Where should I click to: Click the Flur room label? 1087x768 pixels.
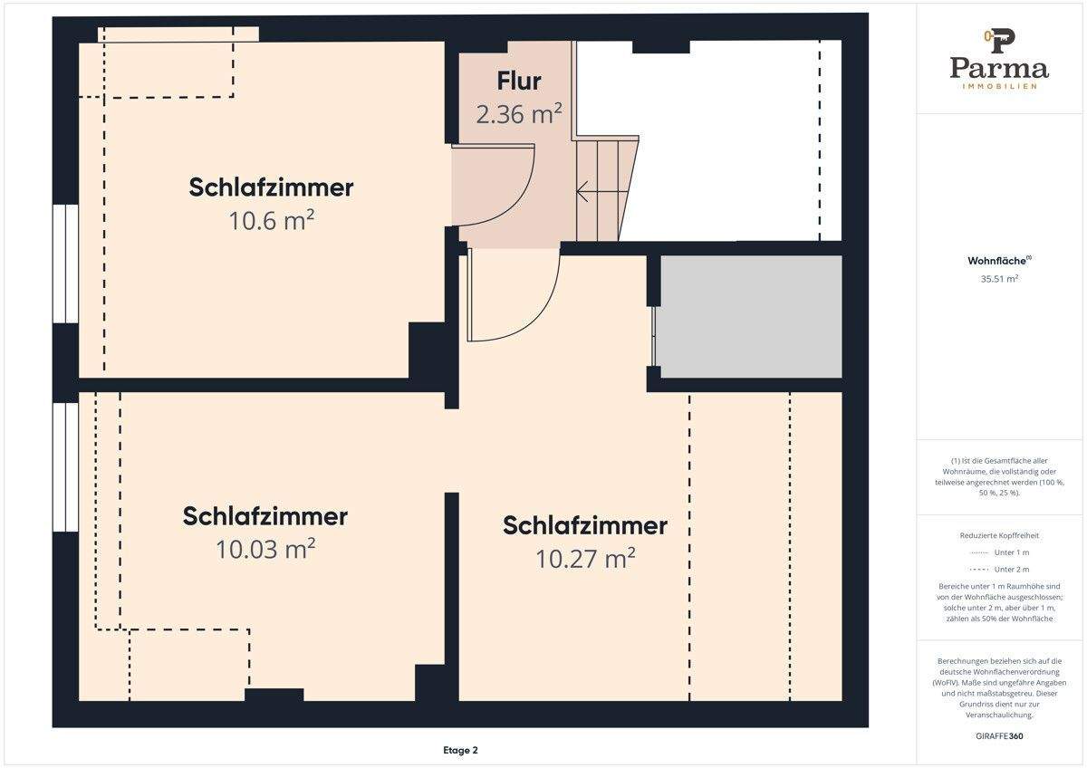519,81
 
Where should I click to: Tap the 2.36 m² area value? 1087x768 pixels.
519,114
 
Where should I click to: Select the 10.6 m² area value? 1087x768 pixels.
271,220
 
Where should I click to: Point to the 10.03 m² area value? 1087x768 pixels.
265,549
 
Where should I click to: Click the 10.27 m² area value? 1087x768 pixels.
584,558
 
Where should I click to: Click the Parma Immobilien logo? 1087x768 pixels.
999,60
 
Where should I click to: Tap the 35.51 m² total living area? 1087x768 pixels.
999,279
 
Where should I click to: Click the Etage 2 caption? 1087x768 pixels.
460,750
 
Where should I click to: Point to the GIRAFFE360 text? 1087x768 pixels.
999,735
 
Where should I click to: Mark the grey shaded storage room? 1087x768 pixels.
750,316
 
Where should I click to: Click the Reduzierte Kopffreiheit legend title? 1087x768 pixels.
999,535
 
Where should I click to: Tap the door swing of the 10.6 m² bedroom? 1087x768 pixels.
494,189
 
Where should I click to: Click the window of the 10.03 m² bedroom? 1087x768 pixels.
65,467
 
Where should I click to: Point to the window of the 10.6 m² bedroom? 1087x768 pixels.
65,264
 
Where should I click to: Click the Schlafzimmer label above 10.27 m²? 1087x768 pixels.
584,525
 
